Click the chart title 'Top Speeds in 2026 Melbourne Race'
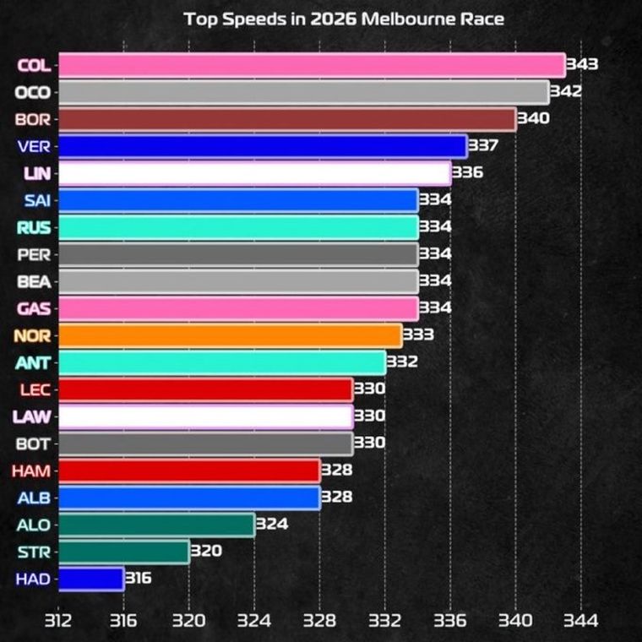coord(344,19)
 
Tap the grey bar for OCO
coord(303,92)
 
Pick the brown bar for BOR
coord(286,119)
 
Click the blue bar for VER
coord(262,146)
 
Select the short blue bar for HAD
coord(91,579)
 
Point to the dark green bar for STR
coord(123,552)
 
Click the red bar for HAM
coord(189,471)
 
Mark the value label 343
coord(582,65)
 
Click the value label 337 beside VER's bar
coord(483,146)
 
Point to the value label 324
coord(271,525)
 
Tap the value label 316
coord(139,579)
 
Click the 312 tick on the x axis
coord(58,620)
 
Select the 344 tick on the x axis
coord(580,620)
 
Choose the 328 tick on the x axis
coord(319,620)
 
